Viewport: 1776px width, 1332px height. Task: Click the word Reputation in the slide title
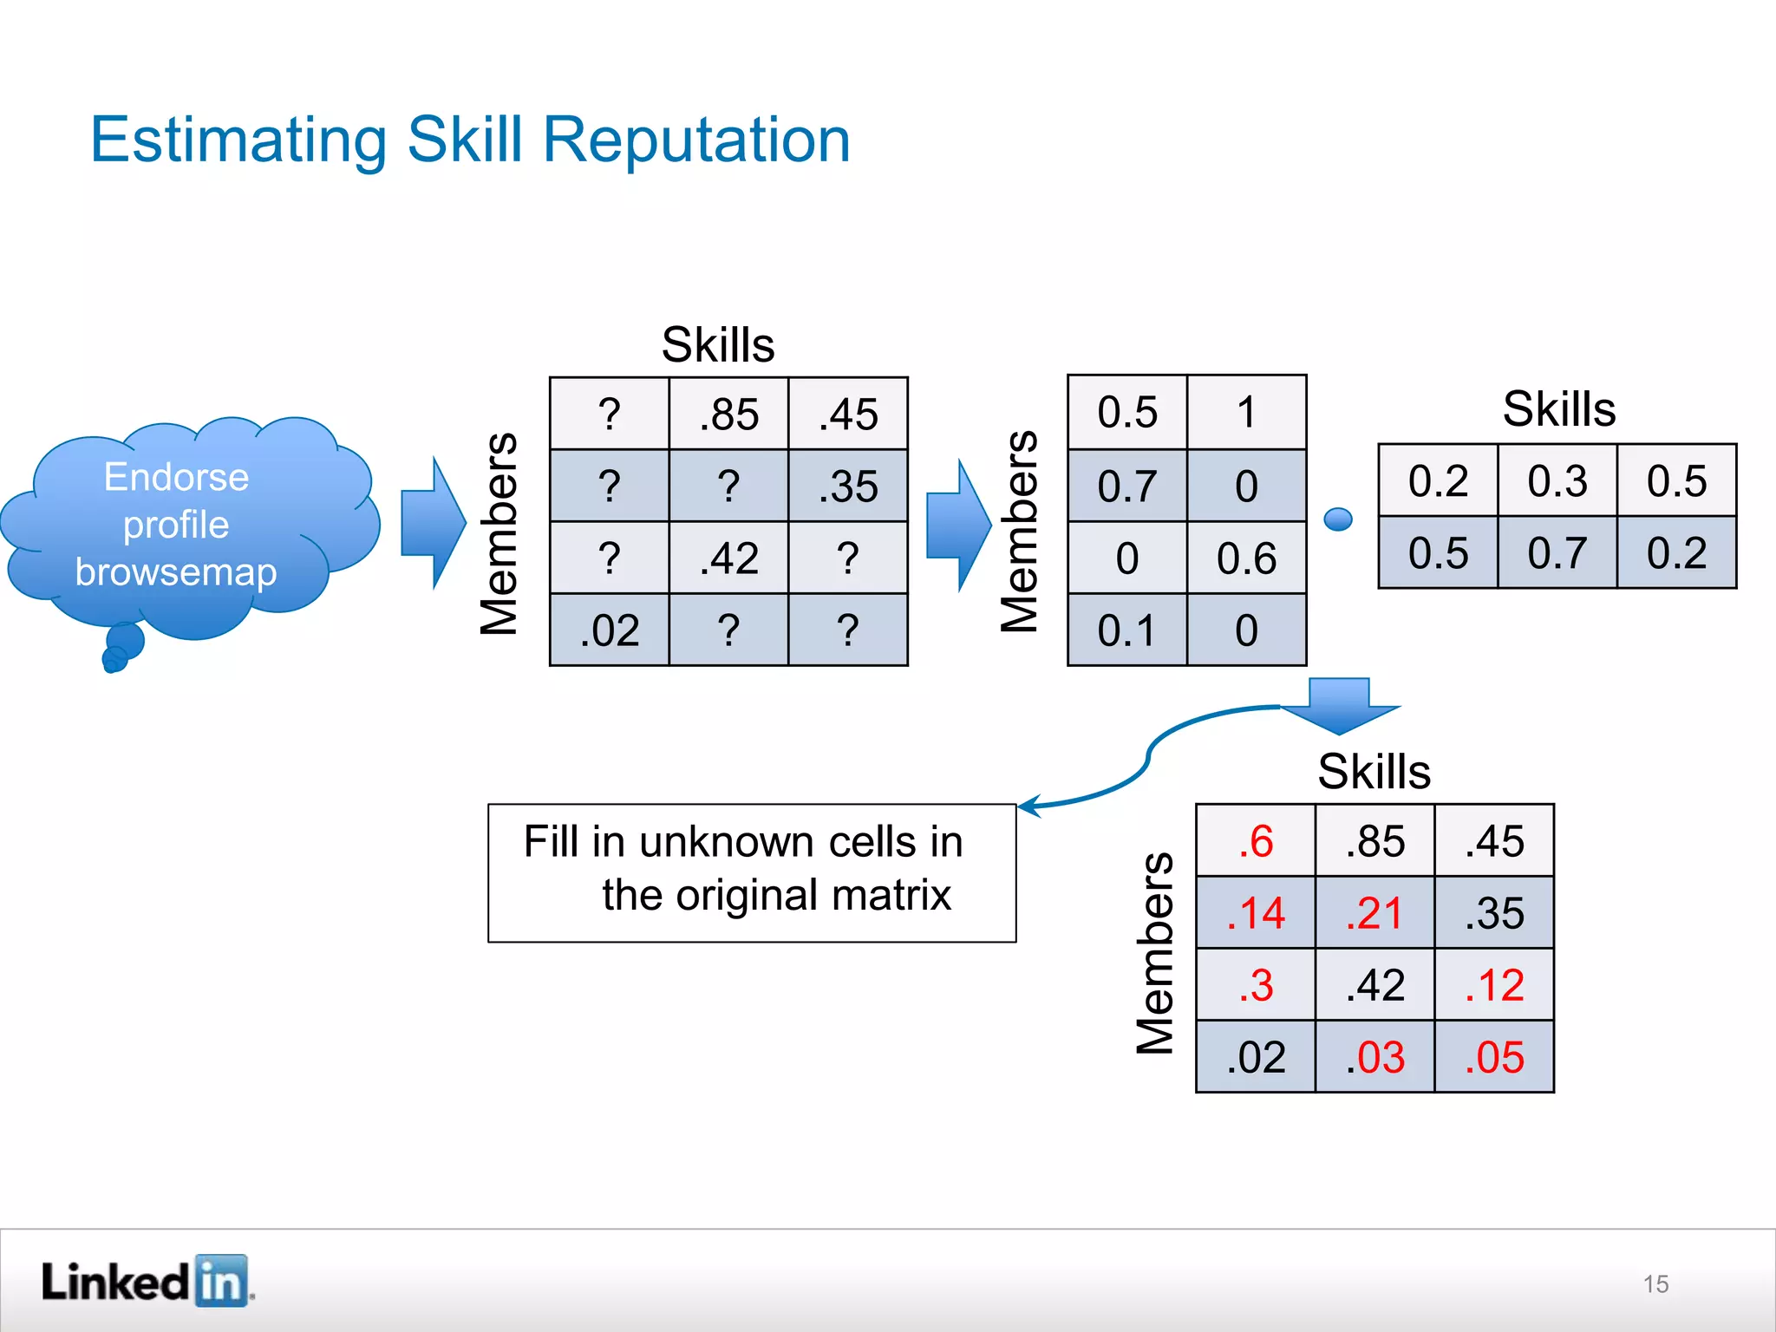[x=695, y=140]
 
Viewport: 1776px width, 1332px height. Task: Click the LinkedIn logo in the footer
[x=147, y=1281]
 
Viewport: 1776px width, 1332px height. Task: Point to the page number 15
[x=1655, y=1284]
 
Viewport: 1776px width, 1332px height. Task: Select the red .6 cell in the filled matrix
[x=1256, y=841]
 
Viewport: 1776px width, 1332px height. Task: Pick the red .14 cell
[x=1256, y=913]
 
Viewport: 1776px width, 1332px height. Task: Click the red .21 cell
[x=1374, y=913]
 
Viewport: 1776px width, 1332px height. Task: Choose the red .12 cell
[x=1494, y=985]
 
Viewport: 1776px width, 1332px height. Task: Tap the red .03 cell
[x=1374, y=1057]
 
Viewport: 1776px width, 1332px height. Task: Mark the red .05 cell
[x=1494, y=1057]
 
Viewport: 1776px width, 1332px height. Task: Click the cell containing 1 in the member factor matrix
[x=1246, y=413]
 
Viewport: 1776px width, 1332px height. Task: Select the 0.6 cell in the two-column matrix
[x=1246, y=558]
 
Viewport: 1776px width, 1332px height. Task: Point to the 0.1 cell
[x=1127, y=630]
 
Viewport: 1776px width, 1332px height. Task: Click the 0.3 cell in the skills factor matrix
[x=1557, y=481]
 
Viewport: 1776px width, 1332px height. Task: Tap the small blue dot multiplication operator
[x=1338, y=519]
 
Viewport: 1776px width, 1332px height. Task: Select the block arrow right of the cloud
[x=433, y=523]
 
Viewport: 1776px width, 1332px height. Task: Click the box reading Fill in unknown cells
[x=752, y=872]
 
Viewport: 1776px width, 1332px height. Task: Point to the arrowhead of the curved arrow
[x=1026, y=806]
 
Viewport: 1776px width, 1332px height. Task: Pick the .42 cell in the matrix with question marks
[x=728, y=558]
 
